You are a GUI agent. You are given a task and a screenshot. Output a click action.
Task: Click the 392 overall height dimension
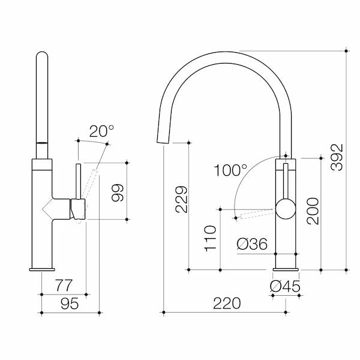(x=338, y=157)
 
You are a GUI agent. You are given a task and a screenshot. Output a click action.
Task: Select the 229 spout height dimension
(x=181, y=200)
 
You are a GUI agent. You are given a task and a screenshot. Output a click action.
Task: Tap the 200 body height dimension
(x=313, y=211)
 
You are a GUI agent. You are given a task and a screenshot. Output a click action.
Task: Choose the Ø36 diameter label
(x=251, y=244)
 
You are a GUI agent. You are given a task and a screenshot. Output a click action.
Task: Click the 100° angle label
(x=230, y=170)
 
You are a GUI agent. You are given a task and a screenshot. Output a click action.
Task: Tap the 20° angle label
(x=101, y=131)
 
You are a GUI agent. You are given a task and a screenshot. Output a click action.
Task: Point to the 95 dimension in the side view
(x=68, y=304)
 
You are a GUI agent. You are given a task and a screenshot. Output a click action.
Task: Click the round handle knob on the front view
(x=286, y=210)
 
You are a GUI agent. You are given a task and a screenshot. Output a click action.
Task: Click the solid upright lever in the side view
(x=77, y=179)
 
